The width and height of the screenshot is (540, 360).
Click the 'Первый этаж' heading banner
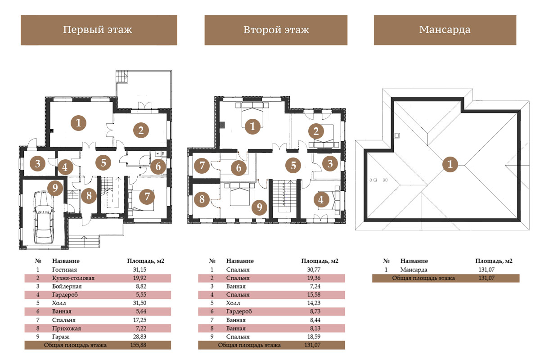pyautogui.click(x=99, y=30)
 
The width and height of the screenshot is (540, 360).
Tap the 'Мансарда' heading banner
pyautogui.click(x=445, y=30)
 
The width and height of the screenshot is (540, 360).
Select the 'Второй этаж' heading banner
pyautogui.click(x=276, y=30)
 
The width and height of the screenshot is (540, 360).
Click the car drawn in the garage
pyautogui.click(x=44, y=217)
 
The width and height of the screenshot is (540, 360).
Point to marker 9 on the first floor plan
pyautogui.click(x=55, y=188)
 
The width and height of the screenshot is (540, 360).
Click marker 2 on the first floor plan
pyautogui.click(x=141, y=130)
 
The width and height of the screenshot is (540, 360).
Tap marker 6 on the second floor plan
pyautogui.click(x=238, y=168)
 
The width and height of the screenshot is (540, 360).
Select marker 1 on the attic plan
pyautogui.click(x=450, y=164)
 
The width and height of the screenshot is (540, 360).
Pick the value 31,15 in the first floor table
pyautogui.click(x=139, y=270)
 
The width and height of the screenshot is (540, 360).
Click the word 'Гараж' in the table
pyautogui.click(x=61, y=337)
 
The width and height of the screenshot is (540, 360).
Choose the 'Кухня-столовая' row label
pyautogui.click(x=73, y=278)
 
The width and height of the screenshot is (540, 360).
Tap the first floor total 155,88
pyautogui.click(x=138, y=345)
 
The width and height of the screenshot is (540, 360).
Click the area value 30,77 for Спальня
pyautogui.click(x=314, y=270)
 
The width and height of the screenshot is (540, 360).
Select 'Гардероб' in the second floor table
pyautogui.click(x=239, y=311)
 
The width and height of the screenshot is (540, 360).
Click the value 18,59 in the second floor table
pyautogui.click(x=314, y=337)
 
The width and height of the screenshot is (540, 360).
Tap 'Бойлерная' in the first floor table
pyautogui.click(x=67, y=287)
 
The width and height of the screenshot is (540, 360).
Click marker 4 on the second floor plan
pyautogui.click(x=321, y=200)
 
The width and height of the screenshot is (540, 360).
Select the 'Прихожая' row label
pyautogui.click(x=67, y=328)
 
